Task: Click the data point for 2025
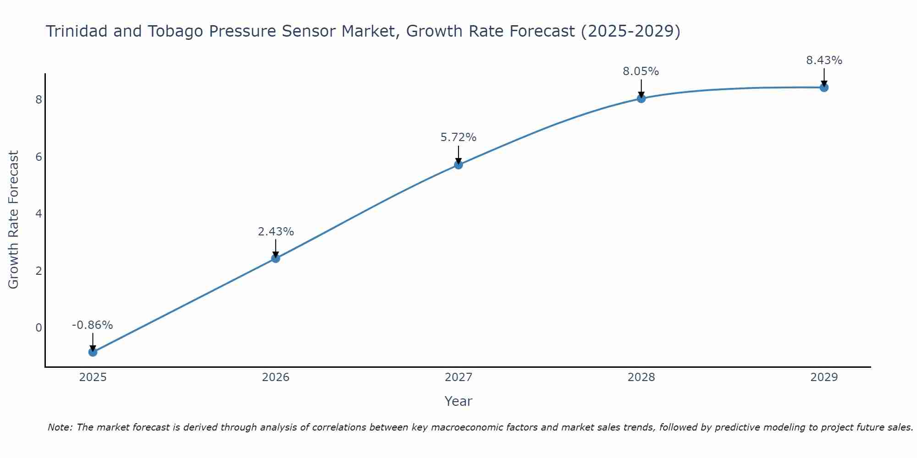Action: click(x=93, y=352)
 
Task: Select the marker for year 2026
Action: click(x=276, y=258)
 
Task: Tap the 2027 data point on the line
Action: click(x=458, y=164)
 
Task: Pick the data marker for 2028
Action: click(x=641, y=98)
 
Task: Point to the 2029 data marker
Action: click(x=824, y=87)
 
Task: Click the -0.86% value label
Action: click(x=93, y=325)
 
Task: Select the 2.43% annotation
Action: click(x=276, y=232)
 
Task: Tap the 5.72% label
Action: click(x=458, y=137)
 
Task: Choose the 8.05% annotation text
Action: click(x=641, y=71)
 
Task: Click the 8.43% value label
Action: click(x=824, y=60)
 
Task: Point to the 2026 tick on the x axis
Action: click(x=276, y=377)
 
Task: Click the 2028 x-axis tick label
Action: click(x=641, y=377)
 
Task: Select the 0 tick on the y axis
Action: click(x=39, y=328)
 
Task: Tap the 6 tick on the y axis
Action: click(x=39, y=157)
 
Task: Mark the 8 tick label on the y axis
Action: click(x=39, y=100)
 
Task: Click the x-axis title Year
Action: click(x=458, y=401)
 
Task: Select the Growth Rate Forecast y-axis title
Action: click(x=14, y=220)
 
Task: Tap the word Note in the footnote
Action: click(x=60, y=427)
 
